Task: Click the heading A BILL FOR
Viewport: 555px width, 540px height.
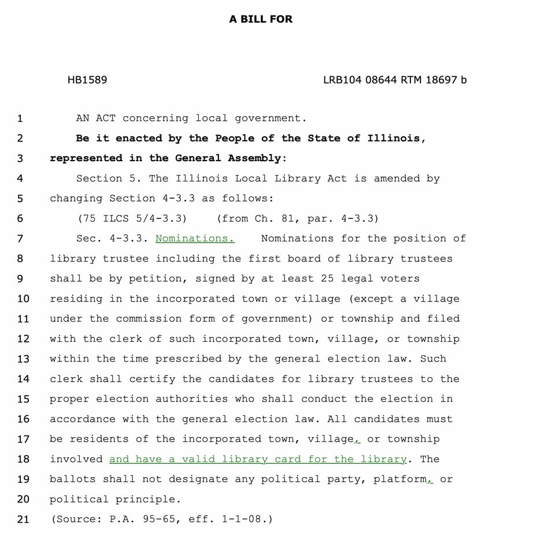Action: coord(261,19)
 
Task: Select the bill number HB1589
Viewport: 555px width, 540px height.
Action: coord(87,80)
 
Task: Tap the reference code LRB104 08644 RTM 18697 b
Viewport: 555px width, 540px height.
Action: coord(395,80)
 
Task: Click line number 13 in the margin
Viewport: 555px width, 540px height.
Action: coord(23,359)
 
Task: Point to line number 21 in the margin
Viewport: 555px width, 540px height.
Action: coord(23,519)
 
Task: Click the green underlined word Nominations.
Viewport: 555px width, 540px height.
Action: coord(195,239)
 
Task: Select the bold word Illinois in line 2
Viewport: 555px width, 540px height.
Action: coord(397,139)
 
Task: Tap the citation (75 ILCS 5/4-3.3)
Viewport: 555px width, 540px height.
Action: coord(132,218)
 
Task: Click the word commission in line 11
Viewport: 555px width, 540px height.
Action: coord(149,319)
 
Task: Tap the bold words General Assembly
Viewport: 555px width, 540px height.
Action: coord(228,158)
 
